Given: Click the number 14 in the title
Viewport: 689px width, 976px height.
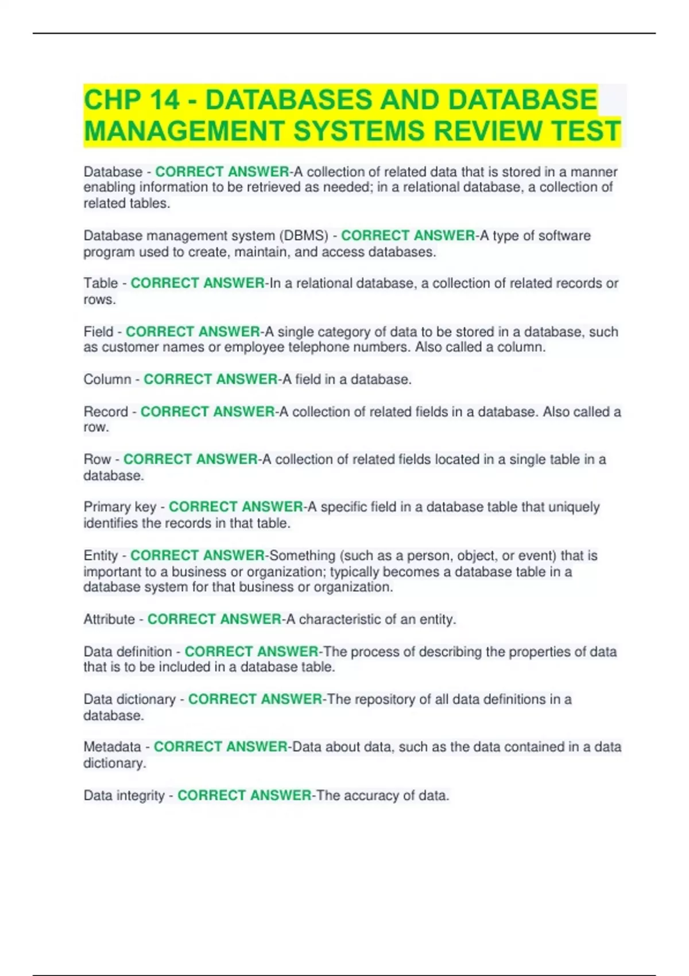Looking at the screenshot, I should coord(164,100).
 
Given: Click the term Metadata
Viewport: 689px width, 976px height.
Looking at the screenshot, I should coord(112,747).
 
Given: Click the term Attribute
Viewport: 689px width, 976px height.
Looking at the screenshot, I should coord(109,619).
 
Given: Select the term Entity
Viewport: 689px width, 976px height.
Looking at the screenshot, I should coord(100,556).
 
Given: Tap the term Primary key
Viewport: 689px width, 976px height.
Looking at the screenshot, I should coord(119,507).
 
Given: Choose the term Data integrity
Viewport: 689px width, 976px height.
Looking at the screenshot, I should coord(124,796).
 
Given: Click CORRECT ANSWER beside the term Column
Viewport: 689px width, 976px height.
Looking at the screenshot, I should coord(211,379).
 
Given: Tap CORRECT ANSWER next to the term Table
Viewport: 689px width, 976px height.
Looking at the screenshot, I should coord(198,283).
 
